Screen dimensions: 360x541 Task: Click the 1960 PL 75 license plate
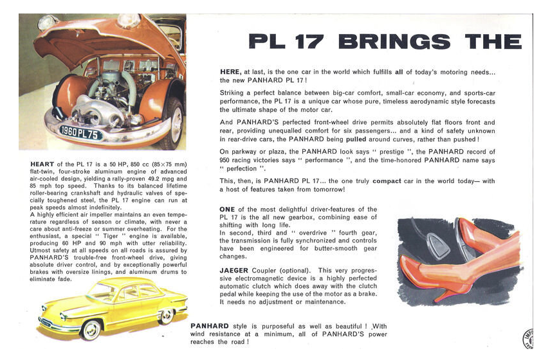click(x=81, y=134)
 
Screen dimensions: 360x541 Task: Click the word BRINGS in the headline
click(x=393, y=42)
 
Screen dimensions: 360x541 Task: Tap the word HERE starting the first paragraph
click(x=230, y=72)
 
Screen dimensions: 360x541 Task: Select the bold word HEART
click(x=42, y=164)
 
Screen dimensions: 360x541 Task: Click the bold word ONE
click(x=227, y=210)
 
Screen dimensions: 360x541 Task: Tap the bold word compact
click(x=386, y=181)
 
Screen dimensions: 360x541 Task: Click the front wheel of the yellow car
click(x=91, y=330)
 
